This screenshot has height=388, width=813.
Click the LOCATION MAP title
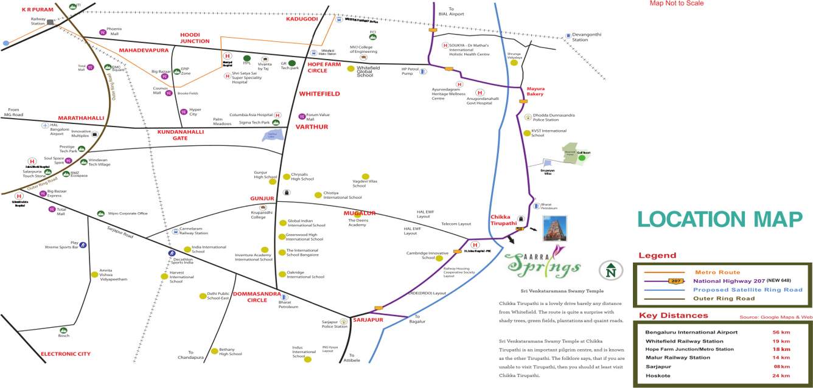720,220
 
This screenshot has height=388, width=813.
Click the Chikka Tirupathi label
504,220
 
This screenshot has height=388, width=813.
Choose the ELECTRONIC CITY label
65,354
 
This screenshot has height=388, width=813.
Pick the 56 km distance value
781,333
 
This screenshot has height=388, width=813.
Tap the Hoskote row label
658,376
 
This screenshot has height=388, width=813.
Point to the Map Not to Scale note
676,4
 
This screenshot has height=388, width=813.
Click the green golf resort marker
582,158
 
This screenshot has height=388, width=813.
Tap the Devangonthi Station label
584,38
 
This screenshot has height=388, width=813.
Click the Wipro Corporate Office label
127,213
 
